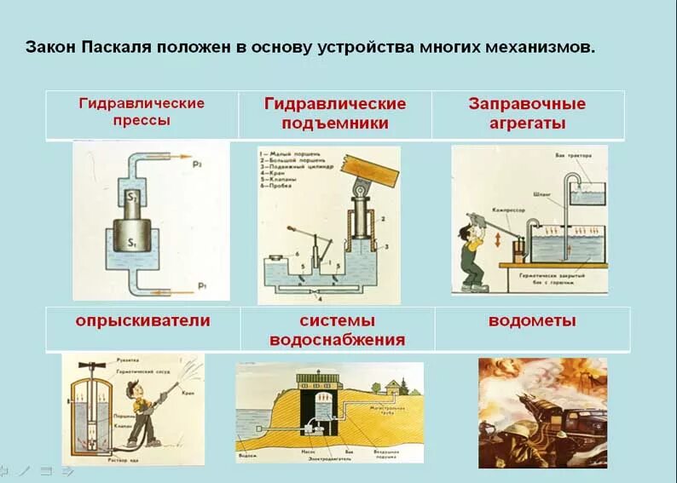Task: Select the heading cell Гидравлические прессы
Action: click(x=142, y=112)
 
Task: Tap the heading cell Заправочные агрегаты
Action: click(x=527, y=112)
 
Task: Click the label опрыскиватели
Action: click(x=142, y=321)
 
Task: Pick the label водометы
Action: click(x=532, y=321)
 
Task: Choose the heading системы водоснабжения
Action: click(x=337, y=331)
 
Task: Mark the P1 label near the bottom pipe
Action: click(x=202, y=285)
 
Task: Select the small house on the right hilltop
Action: click(x=394, y=387)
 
